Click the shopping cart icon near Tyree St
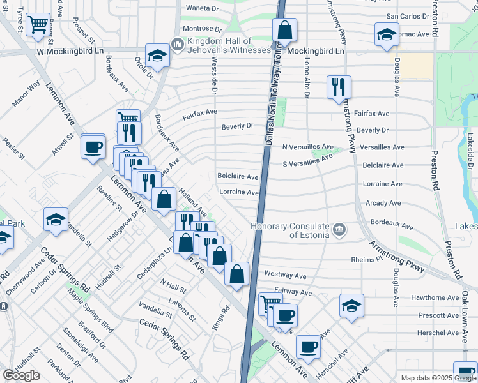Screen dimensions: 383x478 coord(39,25)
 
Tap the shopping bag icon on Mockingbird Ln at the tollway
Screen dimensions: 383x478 coord(284,29)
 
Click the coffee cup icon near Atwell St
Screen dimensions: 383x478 coord(93,147)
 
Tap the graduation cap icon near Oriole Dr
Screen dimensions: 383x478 coord(157,56)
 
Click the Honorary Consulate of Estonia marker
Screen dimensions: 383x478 coord(340,228)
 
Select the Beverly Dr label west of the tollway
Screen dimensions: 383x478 coord(238,126)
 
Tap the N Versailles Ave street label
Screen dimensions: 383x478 coord(308,146)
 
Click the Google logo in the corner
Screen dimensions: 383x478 coord(21,375)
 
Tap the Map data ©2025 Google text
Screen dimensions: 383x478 coord(438,378)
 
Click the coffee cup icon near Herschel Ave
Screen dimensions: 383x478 coord(307,346)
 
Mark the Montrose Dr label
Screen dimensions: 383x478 coord(202,29)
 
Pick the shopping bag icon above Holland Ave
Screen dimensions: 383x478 coord(164,198)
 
